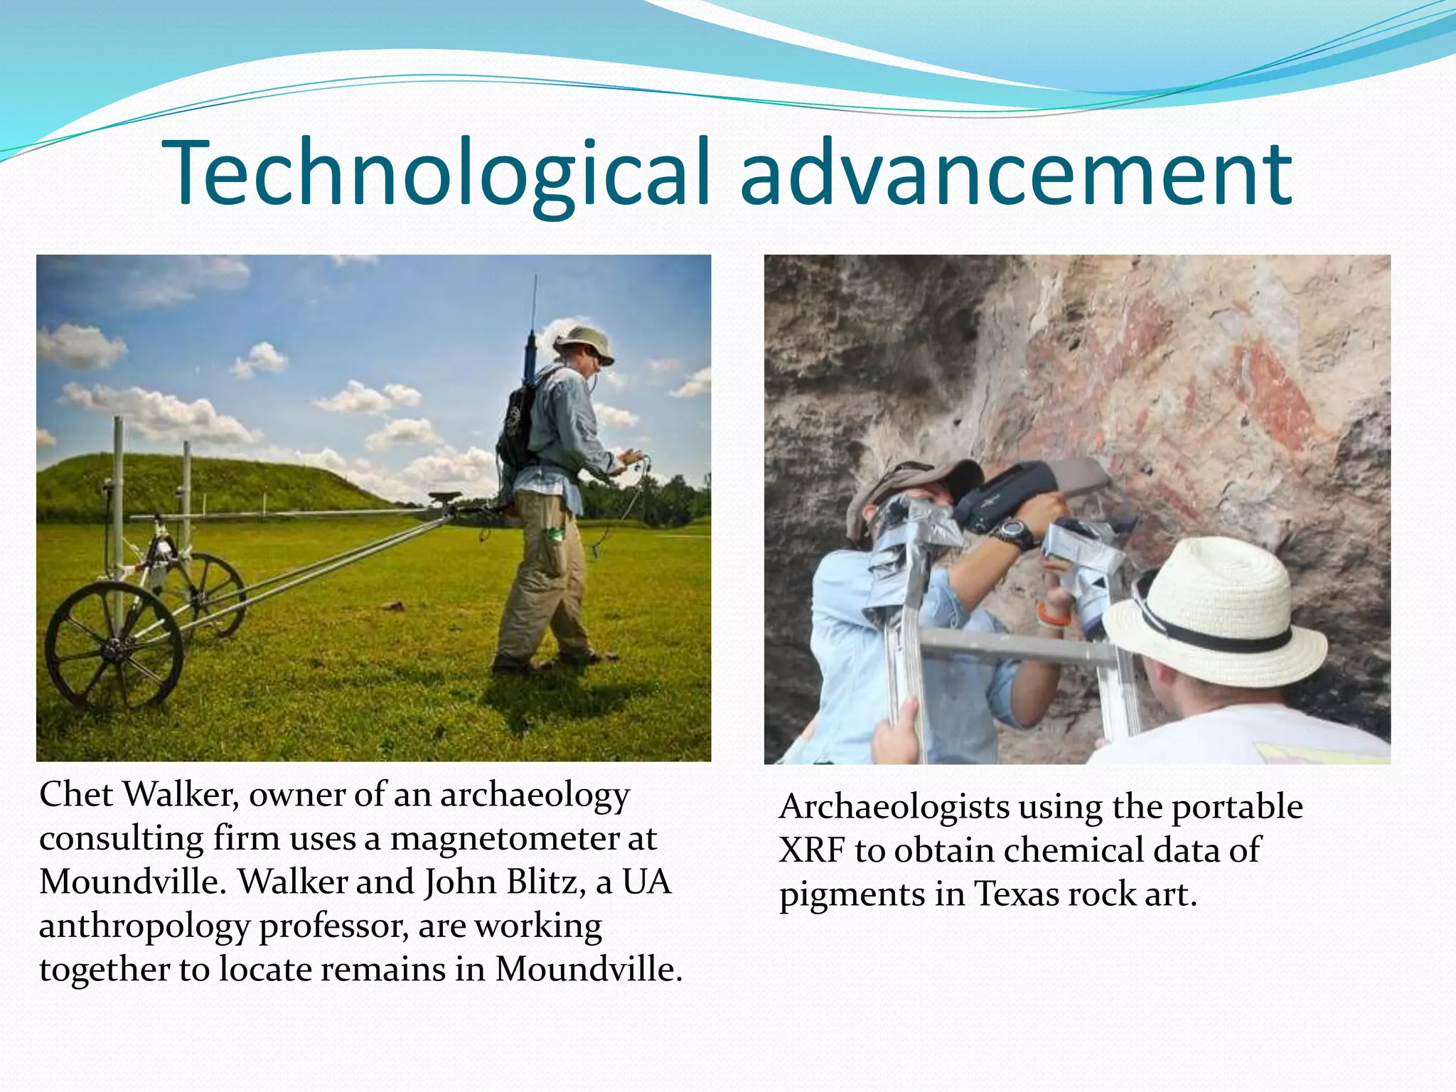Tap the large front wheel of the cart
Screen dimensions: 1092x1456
click(x=114, y=646)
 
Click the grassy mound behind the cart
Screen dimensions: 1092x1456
click(x=213, y=483)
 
